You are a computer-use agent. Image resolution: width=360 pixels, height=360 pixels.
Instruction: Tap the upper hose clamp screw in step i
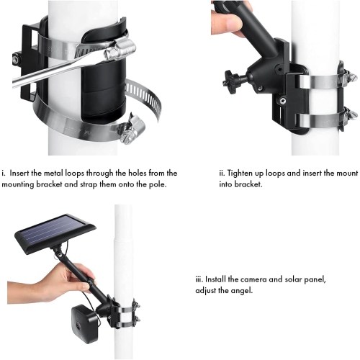tap(120, 50)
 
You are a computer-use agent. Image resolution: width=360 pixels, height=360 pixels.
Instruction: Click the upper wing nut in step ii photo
tap(350, 76)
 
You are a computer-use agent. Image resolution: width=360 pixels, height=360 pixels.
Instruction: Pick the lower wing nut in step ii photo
tap(350, 114)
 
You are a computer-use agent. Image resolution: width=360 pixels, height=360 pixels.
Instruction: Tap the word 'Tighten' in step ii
tap(244, 173)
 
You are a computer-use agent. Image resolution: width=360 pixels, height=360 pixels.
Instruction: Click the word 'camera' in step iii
tap(255, 279)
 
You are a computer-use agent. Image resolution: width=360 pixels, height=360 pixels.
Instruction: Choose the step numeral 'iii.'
tap(199, 279)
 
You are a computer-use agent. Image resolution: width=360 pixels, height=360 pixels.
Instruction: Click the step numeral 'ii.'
tap(222, 173)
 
